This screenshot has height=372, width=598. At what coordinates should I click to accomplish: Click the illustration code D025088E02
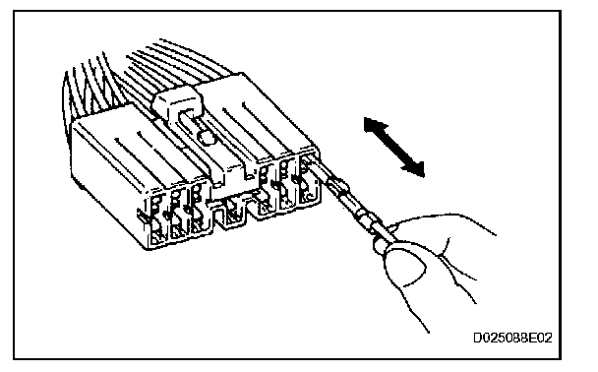click(x=512, y=338)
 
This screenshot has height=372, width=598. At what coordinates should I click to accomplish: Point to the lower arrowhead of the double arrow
click(x=415, y=168)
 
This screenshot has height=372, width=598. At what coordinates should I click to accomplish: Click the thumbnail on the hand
click(x=405, y=266)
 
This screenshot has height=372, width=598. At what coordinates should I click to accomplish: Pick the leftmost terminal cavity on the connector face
click(x=157, y=219)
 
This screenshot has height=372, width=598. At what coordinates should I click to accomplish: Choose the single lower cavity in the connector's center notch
click(x=232, y=213)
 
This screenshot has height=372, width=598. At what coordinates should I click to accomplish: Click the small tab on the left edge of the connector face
click(x=141, y=217)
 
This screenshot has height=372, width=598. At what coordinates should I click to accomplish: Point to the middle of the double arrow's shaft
click(x=394, y=148)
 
